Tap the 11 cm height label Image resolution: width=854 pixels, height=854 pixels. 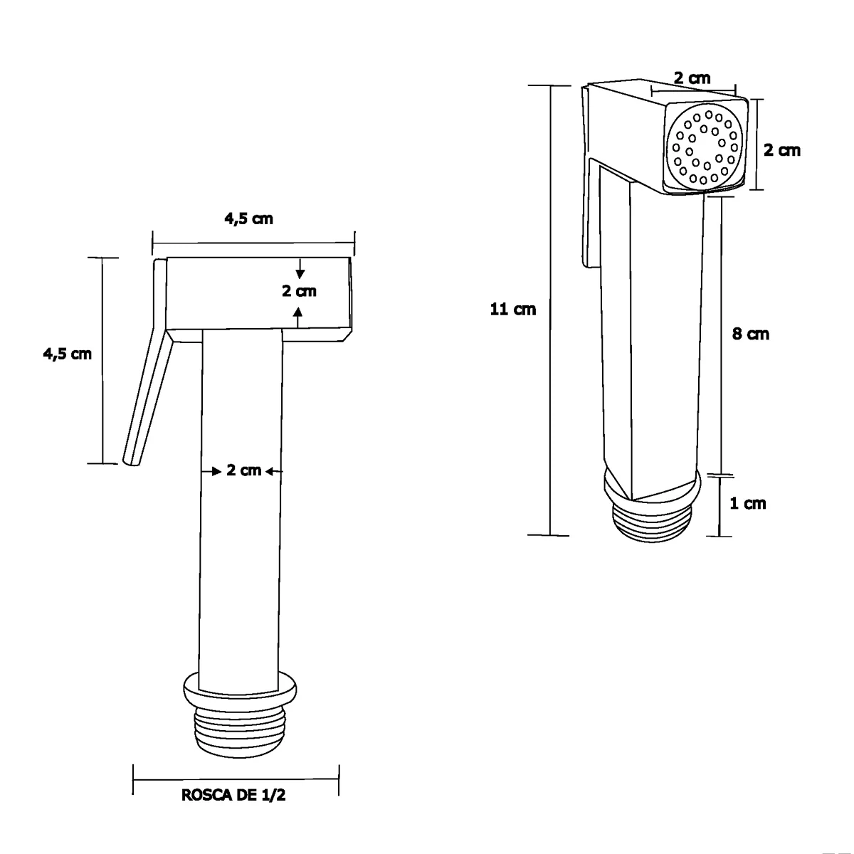[x=512, y=309]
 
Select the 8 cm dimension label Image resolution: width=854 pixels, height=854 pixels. [x=750, y=334]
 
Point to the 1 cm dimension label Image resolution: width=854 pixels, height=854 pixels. [x=748, y=503]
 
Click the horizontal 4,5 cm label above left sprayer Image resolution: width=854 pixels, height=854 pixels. [x=248, y=218]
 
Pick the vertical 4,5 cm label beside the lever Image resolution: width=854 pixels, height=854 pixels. [x=68, y=354]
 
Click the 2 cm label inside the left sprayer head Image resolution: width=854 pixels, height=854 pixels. [x=299, y=291]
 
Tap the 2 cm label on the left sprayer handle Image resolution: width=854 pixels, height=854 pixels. [x=244, y=470]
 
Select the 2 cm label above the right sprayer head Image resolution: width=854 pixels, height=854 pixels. [x=692, y=78]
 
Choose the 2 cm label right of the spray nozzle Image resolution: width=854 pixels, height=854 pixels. [x=781, y=150]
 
